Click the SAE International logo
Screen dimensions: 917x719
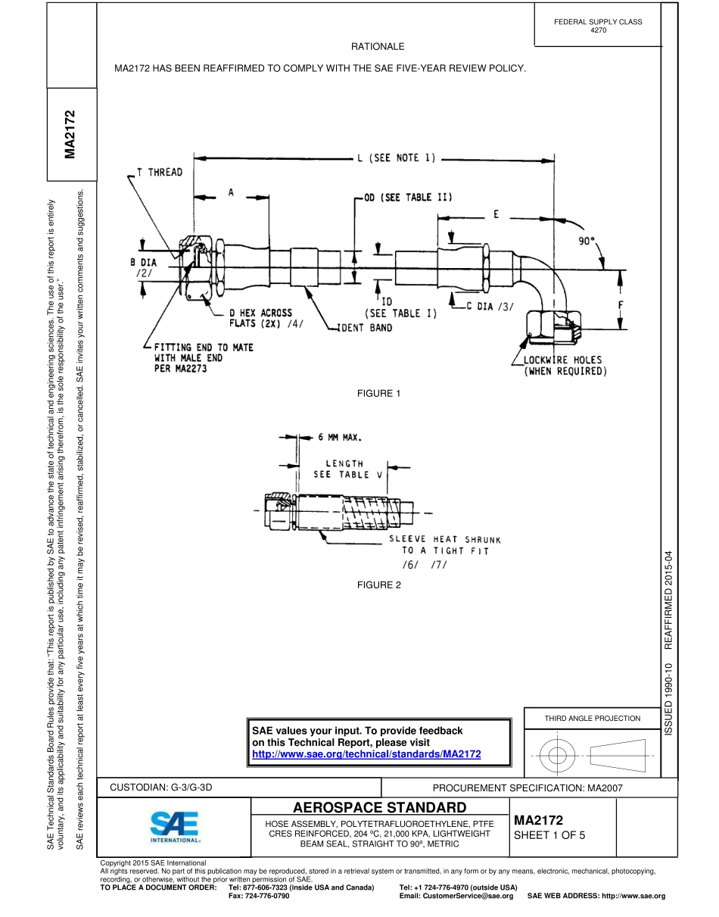175,827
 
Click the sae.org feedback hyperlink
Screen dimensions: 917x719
366,754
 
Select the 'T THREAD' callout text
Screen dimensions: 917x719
159,173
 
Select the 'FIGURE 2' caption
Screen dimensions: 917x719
378,585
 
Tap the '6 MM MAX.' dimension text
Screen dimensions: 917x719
339,437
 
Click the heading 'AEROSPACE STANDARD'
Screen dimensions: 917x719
379,807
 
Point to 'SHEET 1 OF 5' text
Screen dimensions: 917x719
549,836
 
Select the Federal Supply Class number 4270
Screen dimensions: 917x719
598,30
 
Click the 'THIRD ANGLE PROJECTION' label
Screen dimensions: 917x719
592,718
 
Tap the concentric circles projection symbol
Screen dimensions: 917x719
557,754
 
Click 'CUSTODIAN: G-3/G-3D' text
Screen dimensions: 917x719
162,788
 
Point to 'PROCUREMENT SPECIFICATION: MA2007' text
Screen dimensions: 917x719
527,788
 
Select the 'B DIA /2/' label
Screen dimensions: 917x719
143,268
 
